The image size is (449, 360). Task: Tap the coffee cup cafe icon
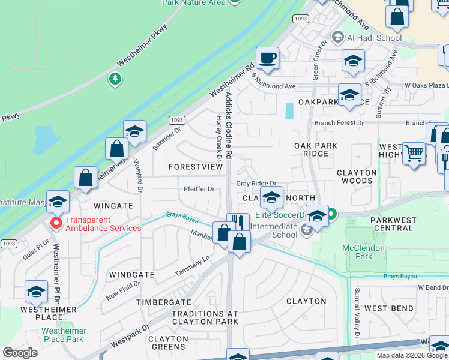pyautogui.click(x=267, y=58)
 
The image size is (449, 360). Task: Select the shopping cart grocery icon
pyautogui.click(x=414, y=153)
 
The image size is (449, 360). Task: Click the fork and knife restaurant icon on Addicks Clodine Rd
pyautogui.click(x=238, y=224)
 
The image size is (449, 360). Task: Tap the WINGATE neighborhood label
pyautogui.click(x=113, y=205)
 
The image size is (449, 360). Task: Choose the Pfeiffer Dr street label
pyautogui.click(x=199, y=189)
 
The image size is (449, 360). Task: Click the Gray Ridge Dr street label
pyautogui.click(x=256, y=184)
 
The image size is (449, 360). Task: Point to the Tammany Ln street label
pyautogui.click(x=193, y=265)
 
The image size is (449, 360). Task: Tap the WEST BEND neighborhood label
pyautogui.click(x=388, y=308)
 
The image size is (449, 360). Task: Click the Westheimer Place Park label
pyautogui.click(x=64, y=335)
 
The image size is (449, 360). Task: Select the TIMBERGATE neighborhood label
pyautogui.click(x=163, y=303)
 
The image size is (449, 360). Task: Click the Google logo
pyautogui.click(x=20, y=352)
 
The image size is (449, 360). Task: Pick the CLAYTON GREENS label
pyautogui.click(x=167, y=343)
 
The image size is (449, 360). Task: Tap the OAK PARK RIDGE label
pyautogui.click(x=316, y=149)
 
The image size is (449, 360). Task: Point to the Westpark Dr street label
pyautogui.click(x=130, y=338)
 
